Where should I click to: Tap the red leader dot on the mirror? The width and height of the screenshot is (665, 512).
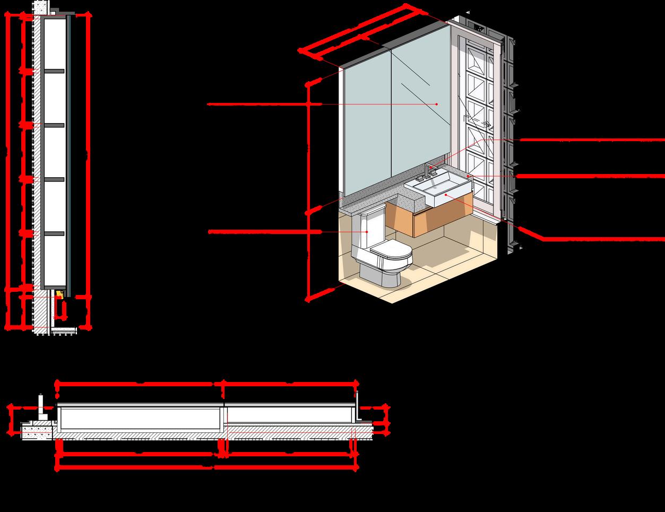coord(437,105)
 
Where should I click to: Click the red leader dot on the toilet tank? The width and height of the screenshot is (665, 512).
coord(367,232)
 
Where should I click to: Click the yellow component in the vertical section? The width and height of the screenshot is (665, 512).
coord(60,293)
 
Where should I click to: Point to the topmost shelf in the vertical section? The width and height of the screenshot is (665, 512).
coord(53,71)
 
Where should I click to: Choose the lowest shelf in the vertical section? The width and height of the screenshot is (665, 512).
coord(53,233)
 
